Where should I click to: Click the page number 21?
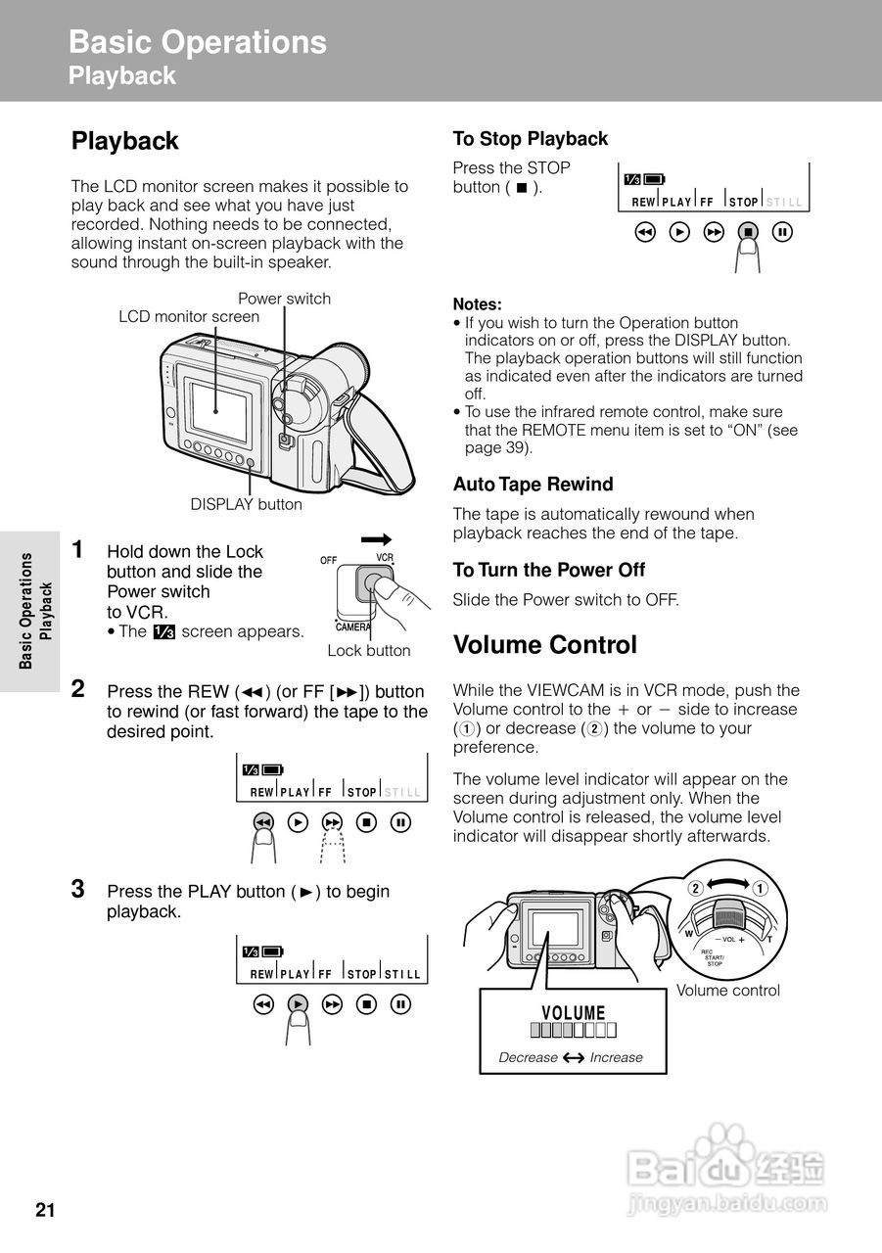coord(45,1211)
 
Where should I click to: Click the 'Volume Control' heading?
coord(545,645)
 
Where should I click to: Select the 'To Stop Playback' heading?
coord(530,139)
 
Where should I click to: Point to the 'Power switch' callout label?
coord(285,299)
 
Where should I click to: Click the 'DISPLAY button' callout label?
coord(247,504)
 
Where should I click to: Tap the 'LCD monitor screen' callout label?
coord(189,316)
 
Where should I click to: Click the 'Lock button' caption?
coord(369,651)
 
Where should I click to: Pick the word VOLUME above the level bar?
coord(574,1013)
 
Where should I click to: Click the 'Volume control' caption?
coord(728,991)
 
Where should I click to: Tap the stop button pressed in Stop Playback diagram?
coord(748,233)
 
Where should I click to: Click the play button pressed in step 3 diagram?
coord(299,1003)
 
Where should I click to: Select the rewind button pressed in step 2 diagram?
coord(262,822)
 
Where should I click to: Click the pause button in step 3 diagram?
coord(400,1003)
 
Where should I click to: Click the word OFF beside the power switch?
coord(328,560)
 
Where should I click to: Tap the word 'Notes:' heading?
coord(477,304)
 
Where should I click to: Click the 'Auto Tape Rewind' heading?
coord(533,485)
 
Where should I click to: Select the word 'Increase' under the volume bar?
coord(616,1057)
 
